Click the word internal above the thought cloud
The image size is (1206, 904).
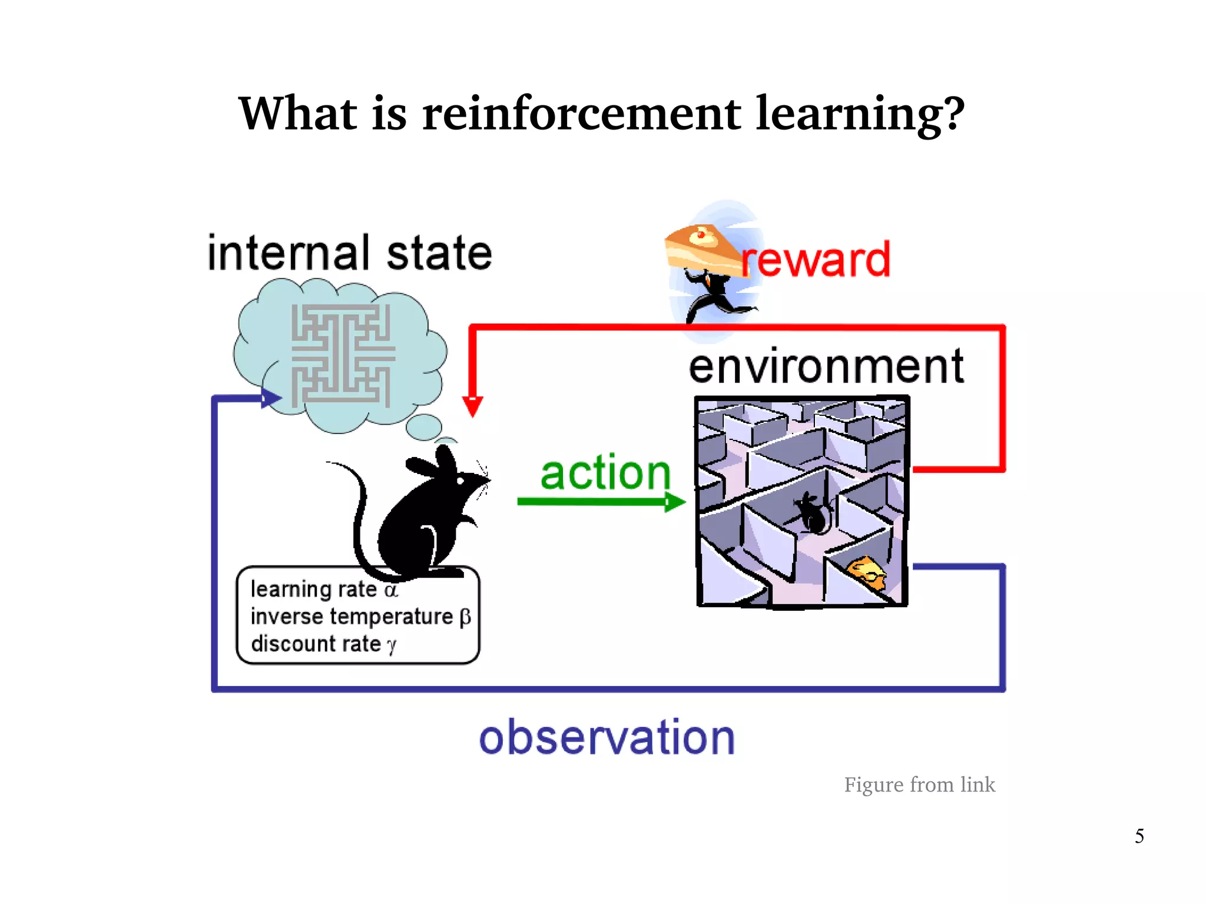[x=289, y=253]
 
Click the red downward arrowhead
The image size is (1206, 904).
[x=472, y=406]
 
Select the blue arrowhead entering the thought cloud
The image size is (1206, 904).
[x=270, y=399]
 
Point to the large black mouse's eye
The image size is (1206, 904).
[x=460, y=481]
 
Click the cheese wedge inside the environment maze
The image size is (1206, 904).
[x=866, y=571]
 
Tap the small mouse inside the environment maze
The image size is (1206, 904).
[x=811, y=514]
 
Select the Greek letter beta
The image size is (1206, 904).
[x=465, y=617]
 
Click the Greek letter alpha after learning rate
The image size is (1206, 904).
[x=391, y=590]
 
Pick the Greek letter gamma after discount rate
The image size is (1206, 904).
[x=392, y=645]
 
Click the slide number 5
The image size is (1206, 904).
[x=1139, y=836]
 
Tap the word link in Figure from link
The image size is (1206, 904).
[x=978, y=785]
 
